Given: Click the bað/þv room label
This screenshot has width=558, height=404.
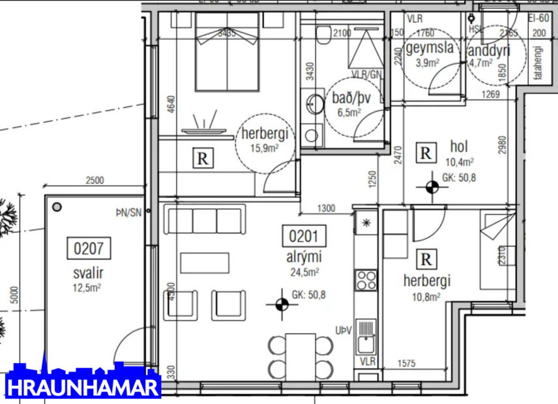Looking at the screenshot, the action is [x=351, y=103].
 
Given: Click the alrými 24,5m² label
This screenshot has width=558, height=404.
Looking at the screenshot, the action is [x=304, y=263].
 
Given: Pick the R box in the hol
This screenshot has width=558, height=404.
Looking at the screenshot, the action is [x=426, y=154].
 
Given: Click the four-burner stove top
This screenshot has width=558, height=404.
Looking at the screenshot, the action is [x=366, y=280].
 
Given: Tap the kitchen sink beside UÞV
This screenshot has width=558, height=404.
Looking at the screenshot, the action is [x=366, y=336].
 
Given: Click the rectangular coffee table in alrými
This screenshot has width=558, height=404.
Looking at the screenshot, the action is [x=205, y=263].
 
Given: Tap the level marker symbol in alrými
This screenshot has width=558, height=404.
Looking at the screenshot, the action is [x=281, y=304].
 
